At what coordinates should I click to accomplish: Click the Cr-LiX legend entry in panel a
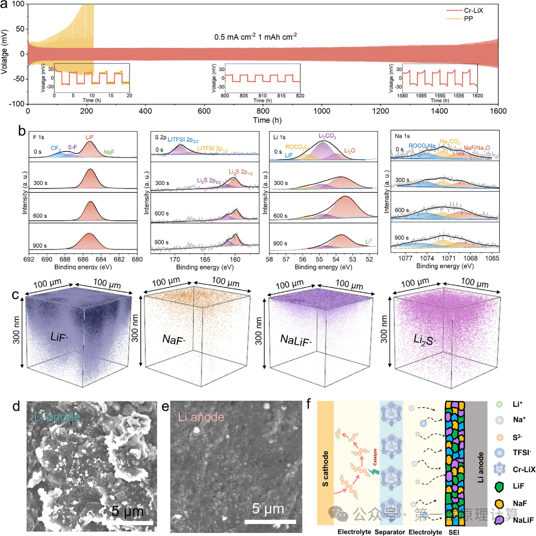473,11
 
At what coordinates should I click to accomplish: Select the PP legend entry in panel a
468,19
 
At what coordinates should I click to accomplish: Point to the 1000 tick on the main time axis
322,111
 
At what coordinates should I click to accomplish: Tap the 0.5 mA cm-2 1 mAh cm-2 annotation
255,37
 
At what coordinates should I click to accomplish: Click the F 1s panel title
38,137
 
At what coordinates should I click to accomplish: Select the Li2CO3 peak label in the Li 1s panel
327,136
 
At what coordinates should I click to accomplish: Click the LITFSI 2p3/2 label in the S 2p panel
183,140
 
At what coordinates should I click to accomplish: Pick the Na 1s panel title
402,136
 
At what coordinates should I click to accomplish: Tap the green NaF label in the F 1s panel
109,152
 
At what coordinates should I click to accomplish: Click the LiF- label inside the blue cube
60,337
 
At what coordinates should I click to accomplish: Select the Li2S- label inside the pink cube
424,340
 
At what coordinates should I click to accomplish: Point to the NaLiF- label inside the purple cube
295,340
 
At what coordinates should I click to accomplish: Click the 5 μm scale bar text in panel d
127,512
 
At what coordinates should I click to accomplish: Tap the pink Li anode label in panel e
201,417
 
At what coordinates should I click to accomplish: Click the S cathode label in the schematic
325,468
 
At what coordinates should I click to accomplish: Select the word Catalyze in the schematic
375,457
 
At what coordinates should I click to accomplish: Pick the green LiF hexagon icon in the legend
499,486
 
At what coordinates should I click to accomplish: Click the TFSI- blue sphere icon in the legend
499,452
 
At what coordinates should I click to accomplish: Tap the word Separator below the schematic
390,532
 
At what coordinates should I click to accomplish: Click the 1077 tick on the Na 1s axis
405,258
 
